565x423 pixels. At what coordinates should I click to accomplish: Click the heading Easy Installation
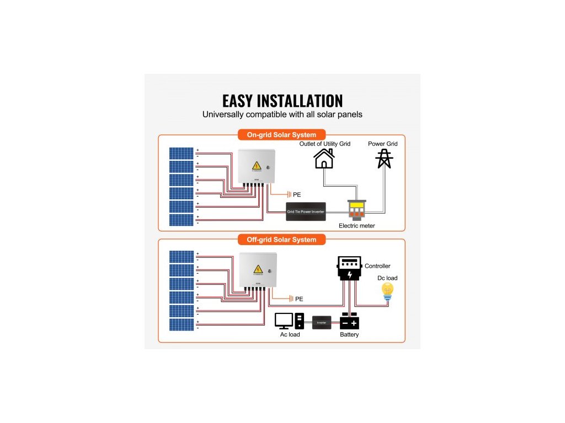pos(282,101)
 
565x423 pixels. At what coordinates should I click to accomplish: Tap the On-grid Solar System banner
pos(281,135)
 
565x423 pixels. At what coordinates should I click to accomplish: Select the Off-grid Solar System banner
pos(281,240)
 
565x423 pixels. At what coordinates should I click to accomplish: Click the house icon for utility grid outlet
pos(324,158)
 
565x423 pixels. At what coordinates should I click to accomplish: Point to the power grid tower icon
pos(384,158)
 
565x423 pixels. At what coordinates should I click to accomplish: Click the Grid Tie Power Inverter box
pos(306,211)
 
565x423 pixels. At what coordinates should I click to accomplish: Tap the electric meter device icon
pos(356,209)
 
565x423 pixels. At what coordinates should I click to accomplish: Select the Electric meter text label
pos(356,226)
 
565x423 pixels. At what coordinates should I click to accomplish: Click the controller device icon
pos(349,268)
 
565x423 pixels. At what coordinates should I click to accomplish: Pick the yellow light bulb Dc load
pos(388,292)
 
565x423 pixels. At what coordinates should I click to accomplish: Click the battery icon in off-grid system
pos(349,321)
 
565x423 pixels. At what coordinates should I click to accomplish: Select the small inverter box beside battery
pos(322,322)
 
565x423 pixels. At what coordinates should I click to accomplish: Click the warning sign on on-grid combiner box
pos(257,166)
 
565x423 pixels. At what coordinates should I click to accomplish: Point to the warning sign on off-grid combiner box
pos(257,269)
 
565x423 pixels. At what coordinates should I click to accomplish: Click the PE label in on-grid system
pos(297,195)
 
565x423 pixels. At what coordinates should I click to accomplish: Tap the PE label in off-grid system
pos(299,299)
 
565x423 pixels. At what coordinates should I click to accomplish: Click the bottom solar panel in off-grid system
pos(182,324)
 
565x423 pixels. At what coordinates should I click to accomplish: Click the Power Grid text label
pos(383,144)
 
